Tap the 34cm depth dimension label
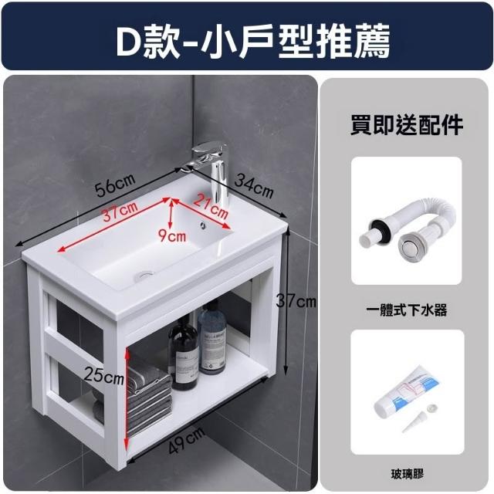(254, 187)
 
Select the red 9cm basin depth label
(172, 235)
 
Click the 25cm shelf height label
(103, 376)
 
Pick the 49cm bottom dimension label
(186, 441)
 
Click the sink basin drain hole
(144, 276)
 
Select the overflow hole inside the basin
(202, 225)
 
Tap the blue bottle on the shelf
(211, 338)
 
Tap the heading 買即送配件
(407, 125)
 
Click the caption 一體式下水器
(407, 310)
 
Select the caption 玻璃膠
(407, 473)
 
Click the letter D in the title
(129, 42)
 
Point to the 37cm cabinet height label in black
(296, 302)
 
